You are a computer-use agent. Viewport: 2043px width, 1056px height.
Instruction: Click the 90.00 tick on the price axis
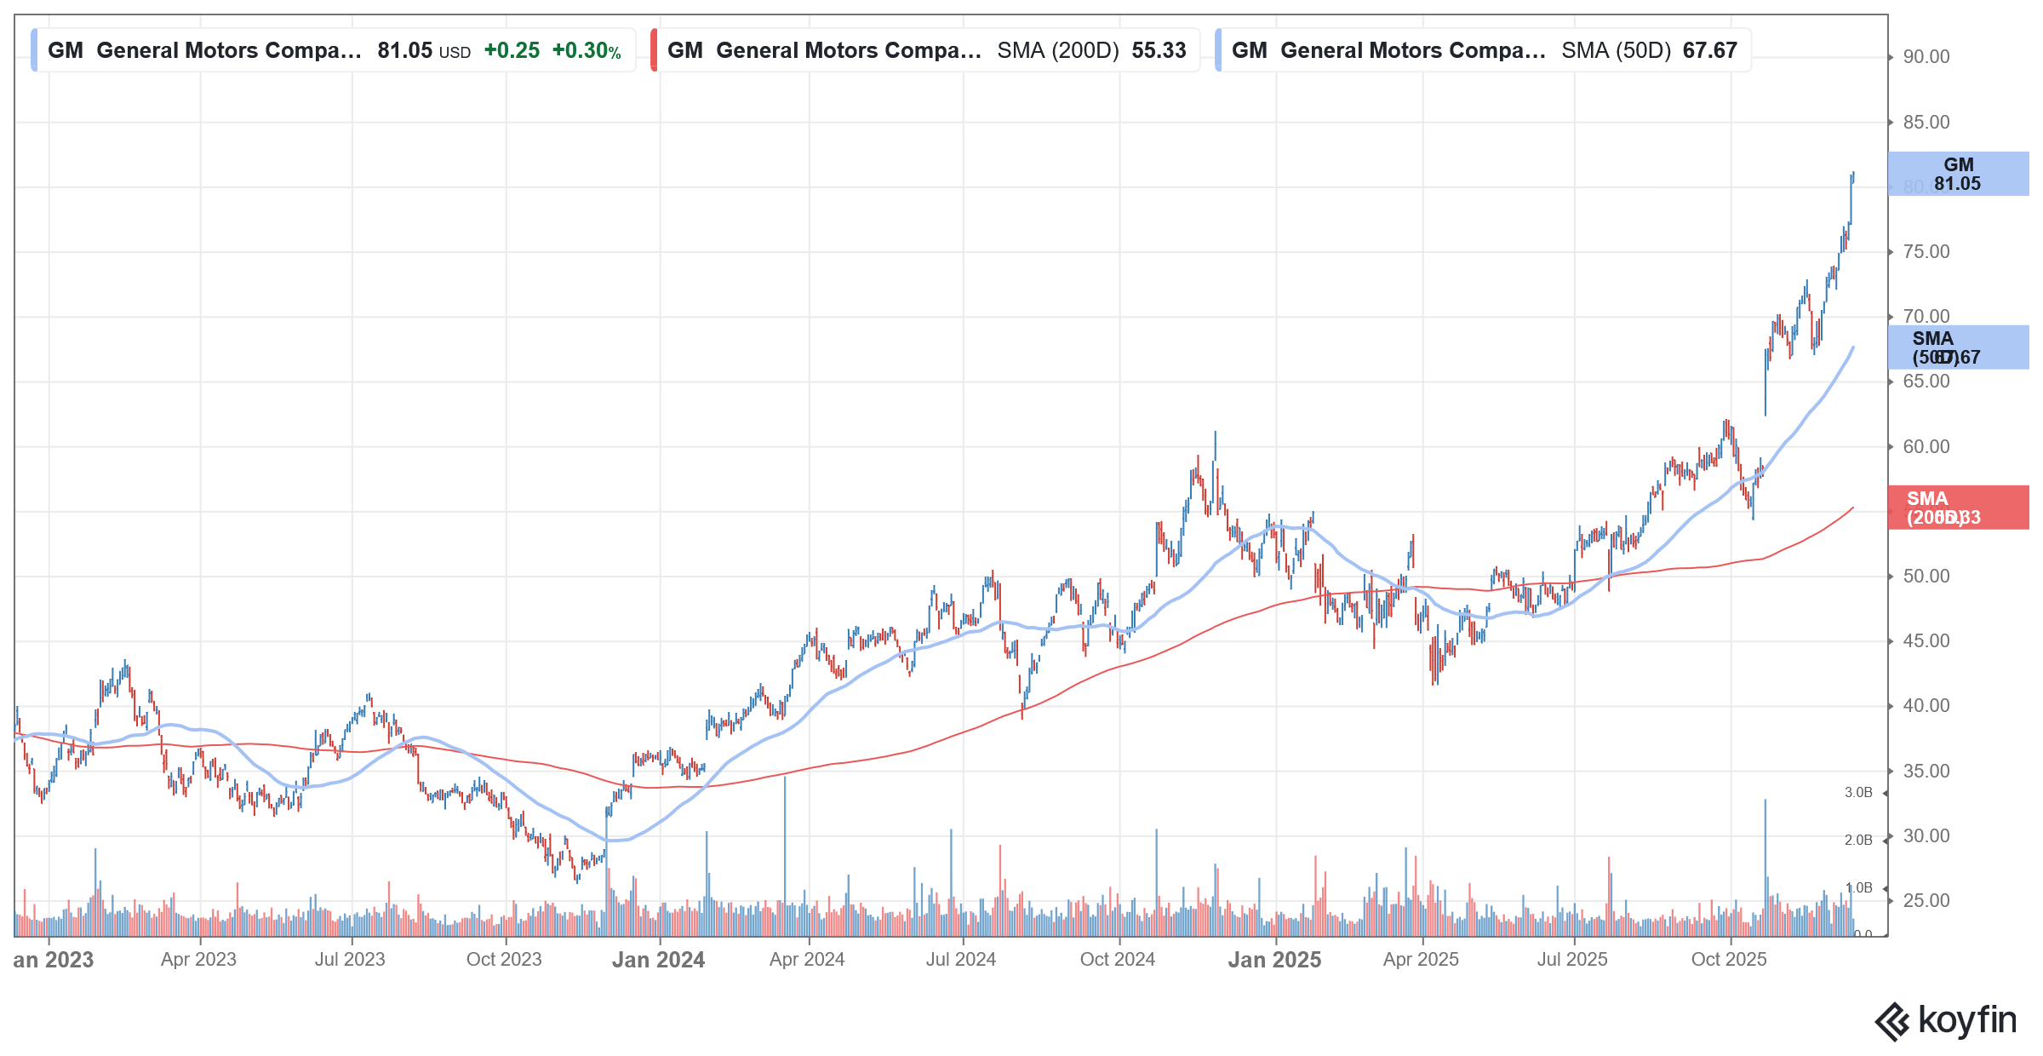(x=1926, y=57)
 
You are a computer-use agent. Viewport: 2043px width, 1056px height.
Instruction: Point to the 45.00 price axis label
(x=1926, y=641)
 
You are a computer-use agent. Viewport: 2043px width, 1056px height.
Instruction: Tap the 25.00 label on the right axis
(x=1926, y=901)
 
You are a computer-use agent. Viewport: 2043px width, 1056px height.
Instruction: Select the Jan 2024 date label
(x=658, y=960)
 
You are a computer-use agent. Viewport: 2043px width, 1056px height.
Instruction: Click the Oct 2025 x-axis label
(x=1728, y=960)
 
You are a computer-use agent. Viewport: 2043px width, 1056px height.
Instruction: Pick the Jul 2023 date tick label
(x=350, y=960)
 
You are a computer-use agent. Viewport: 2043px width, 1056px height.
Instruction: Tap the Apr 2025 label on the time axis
(x=1421, y=960)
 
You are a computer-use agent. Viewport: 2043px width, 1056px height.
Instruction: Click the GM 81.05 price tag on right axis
(x=1957, y=174)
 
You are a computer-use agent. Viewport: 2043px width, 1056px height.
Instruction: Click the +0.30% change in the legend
(x=587, y=51)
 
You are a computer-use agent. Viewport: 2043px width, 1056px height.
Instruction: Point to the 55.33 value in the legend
(x=1159, y=51)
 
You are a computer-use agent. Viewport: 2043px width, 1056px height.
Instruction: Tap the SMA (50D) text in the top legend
(x=1616, y=51)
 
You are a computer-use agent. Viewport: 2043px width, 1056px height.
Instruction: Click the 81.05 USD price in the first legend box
(x=423, y=51)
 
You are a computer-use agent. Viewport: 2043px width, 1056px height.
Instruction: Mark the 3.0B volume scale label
(x=1858, y=793)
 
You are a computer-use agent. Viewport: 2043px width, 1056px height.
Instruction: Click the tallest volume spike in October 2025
(x=1765, y=852)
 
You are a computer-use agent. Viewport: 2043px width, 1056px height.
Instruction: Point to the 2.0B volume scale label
(x=1858, y=841)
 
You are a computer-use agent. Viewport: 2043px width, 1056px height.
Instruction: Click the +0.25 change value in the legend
(x=512, y=51)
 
